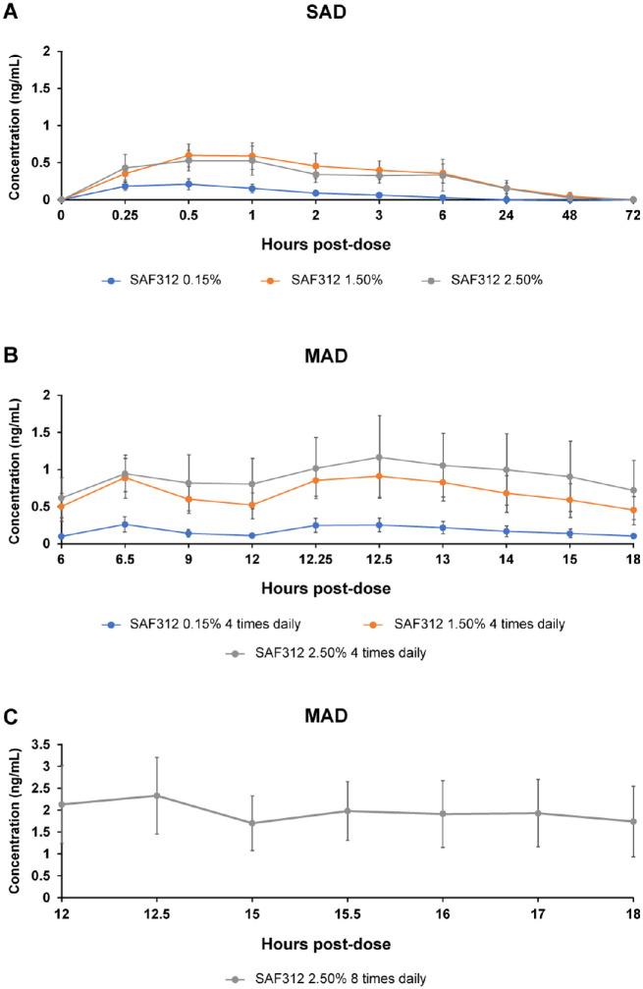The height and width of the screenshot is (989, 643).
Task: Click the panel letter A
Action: (10, 12)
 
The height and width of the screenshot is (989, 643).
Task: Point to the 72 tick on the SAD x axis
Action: (633, 213)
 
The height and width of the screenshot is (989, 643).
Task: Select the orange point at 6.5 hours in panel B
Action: (125, 476)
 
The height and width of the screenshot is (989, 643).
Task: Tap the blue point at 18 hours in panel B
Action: (633, 536)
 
